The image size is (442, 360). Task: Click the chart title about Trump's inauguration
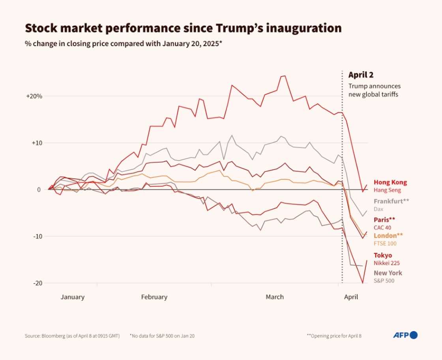(183, 28)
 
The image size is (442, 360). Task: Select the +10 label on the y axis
(36, 143)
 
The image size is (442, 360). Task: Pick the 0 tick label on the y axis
(39, 189)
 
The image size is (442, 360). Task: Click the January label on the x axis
(72, 297)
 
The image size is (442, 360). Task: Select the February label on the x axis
(154, 297)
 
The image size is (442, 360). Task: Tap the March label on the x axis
(274, 297)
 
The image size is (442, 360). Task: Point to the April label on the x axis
(351, 297)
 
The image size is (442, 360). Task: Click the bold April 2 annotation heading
(361, 75)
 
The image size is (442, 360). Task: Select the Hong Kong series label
(390, 182)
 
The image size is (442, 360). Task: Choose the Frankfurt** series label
(391, 201)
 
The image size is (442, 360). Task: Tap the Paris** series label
(384, 220)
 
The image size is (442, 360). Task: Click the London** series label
(388, 236)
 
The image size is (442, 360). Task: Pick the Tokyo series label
(383, 255)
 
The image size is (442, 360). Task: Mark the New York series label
(388, 273)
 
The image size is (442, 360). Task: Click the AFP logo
(405, 335)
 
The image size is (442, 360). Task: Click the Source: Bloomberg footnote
(72, 336)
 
